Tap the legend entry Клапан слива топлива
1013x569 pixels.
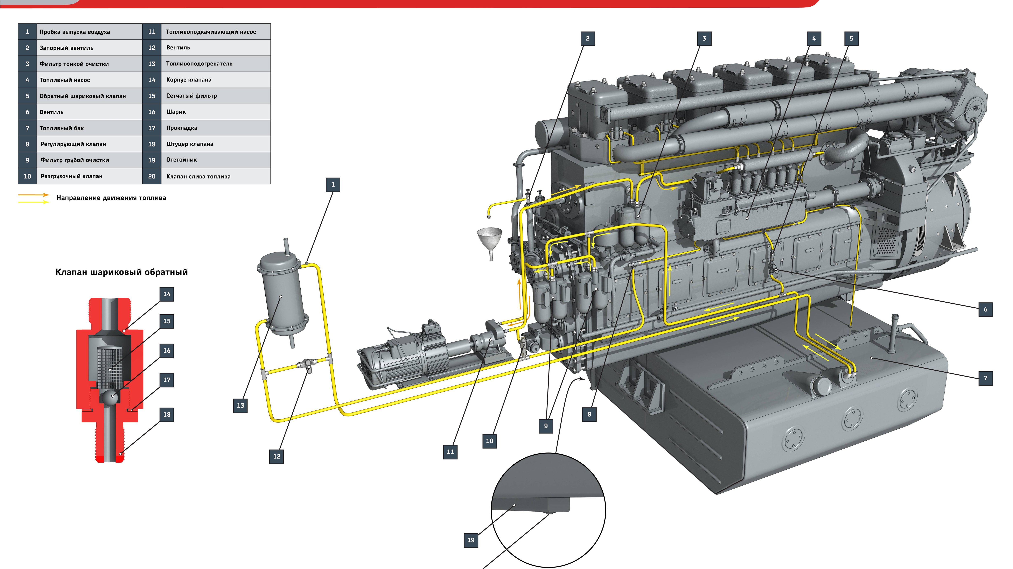point(198,177)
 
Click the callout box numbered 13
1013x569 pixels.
point(240,405)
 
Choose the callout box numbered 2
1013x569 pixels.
point(587,38)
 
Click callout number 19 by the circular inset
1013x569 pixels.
point(471,540)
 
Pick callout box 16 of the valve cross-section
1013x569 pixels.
point(167,350)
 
